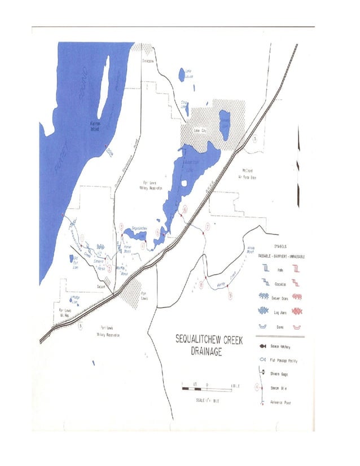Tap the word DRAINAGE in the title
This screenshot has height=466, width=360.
(204, 351)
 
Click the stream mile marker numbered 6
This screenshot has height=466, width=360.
(185, 208)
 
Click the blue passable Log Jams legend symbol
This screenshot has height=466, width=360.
(263, 310)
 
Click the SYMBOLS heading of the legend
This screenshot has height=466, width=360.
(280, 247)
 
